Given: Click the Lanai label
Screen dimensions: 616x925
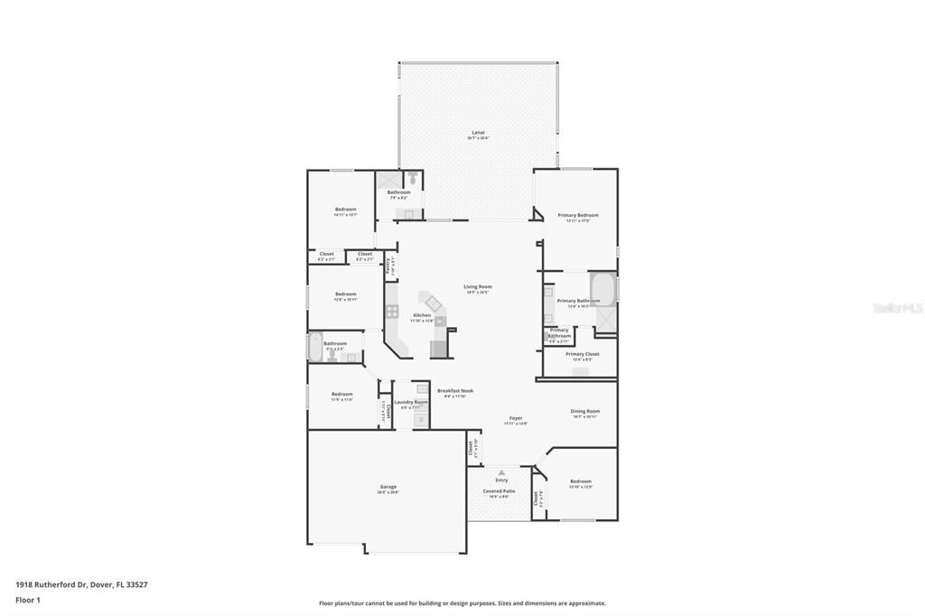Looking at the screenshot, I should pyautogui.click(x=478, y=132).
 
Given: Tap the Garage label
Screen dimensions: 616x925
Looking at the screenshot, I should pyautogui.click(x=388, y=487).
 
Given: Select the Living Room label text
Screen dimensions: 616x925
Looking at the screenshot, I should pyautogui.click(x=478, y=286).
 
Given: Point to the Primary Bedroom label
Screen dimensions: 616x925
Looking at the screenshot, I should pyautogui.click(x=578, y=215).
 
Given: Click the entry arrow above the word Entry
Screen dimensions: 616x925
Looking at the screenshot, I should pyautogui.click(x=501, y=471).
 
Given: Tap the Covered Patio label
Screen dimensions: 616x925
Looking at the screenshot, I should pyautogui.click(x=500, y=490).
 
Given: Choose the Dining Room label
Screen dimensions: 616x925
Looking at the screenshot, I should pyautogui.click(x=585, y=411).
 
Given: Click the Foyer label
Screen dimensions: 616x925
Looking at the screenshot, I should pyautogui.click(x=516, y=418).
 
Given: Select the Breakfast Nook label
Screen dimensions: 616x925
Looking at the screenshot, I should pyautogui.click(x=455, y=391).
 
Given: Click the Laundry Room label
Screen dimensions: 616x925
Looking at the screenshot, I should pyautogui.click(x=411, y=402).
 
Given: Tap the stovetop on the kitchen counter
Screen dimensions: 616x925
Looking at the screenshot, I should pyautogui.click(x=393, y=312).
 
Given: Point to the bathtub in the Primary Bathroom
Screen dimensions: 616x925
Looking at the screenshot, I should pyautogui.click(x=603, y=288).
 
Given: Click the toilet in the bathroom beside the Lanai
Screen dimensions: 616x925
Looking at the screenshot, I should pyautogui.click(x=412, y=178).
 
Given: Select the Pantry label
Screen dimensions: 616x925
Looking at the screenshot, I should pyautogui.click(x=388, y=266).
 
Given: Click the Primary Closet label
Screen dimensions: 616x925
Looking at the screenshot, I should pyautogui.click(x=583, y=354).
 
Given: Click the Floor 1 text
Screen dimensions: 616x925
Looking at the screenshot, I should pyautogui.click(x=26, y=600).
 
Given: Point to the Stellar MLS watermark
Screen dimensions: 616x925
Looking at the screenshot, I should pyautogui.click(x=897, y=308).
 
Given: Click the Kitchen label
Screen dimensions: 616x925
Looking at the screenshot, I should pyautogui.click(x=422, y=315).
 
